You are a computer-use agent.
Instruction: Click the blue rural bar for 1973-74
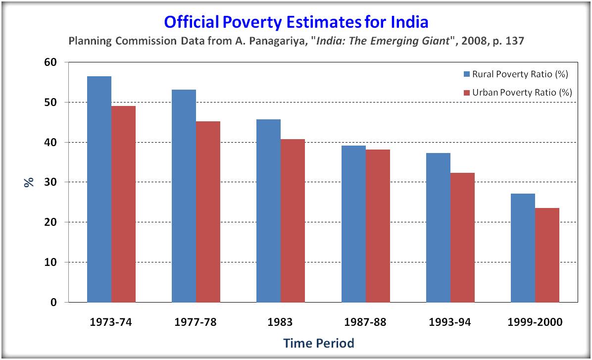point(99,189)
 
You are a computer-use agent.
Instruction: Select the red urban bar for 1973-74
point(123,204)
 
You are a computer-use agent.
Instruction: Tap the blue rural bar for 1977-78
point(184,196)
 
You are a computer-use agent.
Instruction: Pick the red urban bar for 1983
point(293,221)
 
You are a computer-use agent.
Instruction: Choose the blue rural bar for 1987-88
point(354,224)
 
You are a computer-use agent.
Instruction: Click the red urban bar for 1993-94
point(462,238)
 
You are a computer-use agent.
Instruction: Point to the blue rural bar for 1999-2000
point(523,248)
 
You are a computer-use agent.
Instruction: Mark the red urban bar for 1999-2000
point(547,255)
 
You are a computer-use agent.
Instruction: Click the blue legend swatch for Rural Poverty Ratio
point(467,74)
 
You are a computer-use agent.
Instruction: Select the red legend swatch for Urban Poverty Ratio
point(467,93)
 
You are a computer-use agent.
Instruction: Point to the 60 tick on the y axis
point(50,62)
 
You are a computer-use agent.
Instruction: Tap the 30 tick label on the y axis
point(50,182)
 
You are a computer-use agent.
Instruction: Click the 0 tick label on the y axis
point(53,302)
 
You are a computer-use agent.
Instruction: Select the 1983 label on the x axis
point(280,322)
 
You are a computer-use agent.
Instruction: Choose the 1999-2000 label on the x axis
point(535,322)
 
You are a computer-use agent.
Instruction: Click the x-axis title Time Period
point(319,343)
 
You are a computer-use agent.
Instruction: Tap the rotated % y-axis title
point(29,182)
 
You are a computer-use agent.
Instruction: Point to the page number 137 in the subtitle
point(514,41)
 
